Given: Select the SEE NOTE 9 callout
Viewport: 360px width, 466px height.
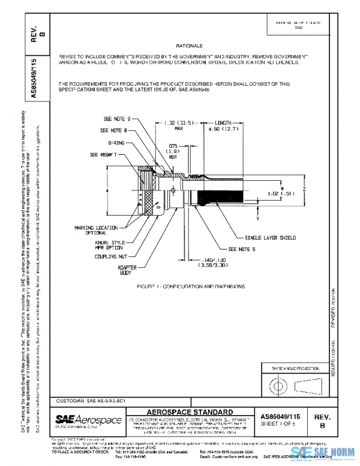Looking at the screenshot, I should click(x=117, y=120).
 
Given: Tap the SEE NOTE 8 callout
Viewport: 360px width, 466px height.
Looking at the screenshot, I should click(x=113, y=130).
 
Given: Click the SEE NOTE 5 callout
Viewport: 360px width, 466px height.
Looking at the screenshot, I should click(x=242, y=248).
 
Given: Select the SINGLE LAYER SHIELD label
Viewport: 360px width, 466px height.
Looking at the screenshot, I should click(x=270, y=238).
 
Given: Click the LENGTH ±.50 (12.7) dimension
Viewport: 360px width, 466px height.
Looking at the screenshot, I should click(x=224, y=125).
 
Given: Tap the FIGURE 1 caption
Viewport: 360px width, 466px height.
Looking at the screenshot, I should click(x=187, y=287).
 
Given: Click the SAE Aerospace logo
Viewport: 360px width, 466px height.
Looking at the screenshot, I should click(x=82, y=418).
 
